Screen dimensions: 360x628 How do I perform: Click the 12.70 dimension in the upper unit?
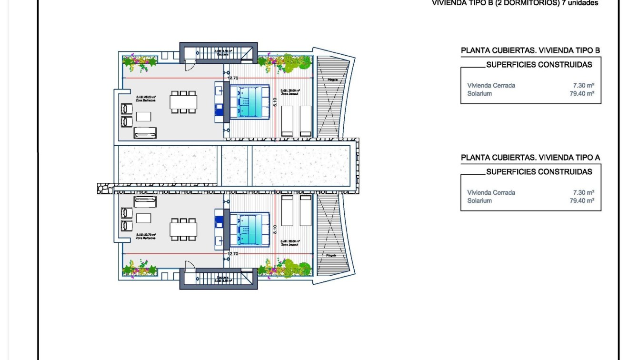[x=232, y=78]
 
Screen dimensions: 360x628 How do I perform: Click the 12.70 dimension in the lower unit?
[x=232, y=254]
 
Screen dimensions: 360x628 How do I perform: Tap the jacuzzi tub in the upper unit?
[x=249, y=101]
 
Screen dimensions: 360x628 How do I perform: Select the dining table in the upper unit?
[x=183, y=102]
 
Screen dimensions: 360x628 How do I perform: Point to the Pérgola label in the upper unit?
[x=333, y=80]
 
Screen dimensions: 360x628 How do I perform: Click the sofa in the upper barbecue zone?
[x=145, y=132]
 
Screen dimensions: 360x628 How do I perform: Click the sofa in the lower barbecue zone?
[x=145, y=201]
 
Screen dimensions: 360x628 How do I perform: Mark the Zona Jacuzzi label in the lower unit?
[x=290, y=243]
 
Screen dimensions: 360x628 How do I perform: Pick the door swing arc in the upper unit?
[x=189, y=67]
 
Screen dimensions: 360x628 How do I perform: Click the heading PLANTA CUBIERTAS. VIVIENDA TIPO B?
[x=530, y=50]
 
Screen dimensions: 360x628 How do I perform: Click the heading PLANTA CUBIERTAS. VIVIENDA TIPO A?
[x=530, y=157]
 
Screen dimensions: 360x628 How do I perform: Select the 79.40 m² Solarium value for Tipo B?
[x=582, y=94]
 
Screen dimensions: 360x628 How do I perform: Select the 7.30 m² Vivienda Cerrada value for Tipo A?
[x=583, y=192]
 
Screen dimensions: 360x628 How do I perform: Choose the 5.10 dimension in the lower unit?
[x=275, y=229]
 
